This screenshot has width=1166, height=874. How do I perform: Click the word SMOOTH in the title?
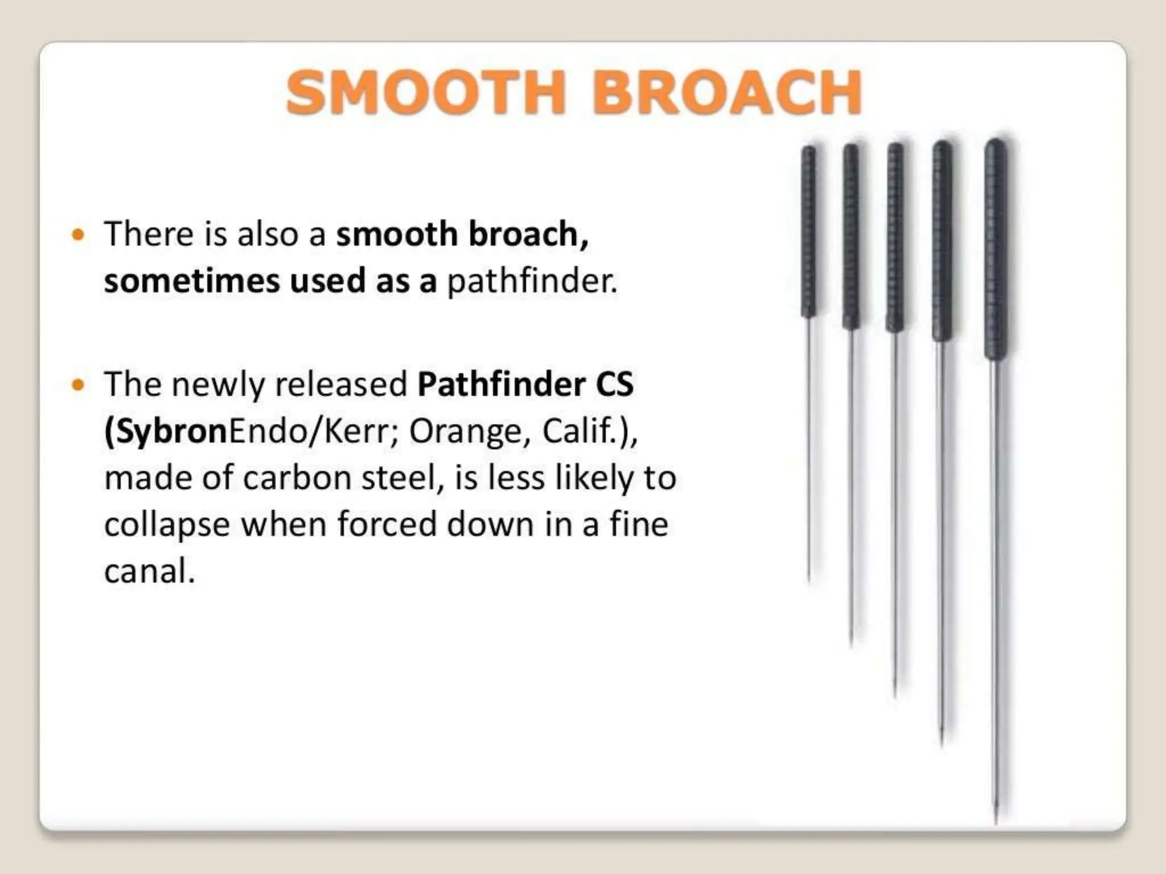coord(426,92)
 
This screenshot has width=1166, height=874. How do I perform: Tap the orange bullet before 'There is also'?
coord(79,234)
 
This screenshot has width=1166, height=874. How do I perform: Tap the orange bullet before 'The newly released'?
coord(79,385)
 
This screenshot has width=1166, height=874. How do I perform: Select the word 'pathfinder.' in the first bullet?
coord(532,281)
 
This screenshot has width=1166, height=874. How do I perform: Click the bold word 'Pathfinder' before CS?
coord(501,384)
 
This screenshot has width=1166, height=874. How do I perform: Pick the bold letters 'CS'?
coord(614,384)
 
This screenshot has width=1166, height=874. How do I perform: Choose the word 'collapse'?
coord(167,525)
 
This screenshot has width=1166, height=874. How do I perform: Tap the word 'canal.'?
coord(150,571)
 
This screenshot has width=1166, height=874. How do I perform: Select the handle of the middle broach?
coord(895,236)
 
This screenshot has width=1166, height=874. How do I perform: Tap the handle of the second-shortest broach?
coord(851,236)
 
